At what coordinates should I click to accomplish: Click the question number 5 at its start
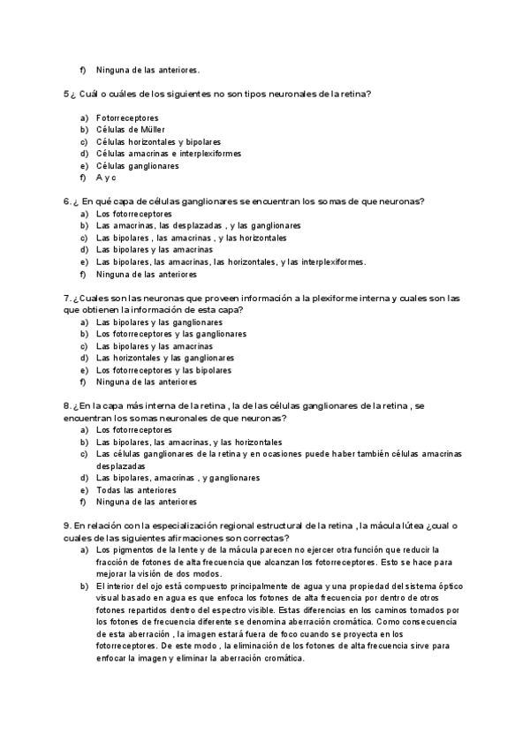pyautogui.click(x=66, y=94)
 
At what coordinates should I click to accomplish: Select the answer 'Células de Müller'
pyautogui.click(x=130, y=130)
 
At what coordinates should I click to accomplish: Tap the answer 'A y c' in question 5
pyautogui.click(x=107, y=178)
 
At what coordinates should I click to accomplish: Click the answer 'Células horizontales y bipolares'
pyautogui.click(x=158, y=141)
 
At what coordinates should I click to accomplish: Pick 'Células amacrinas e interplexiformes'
pyautogui.click(x=168, y=154)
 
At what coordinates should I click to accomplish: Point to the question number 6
pyautogui.click(x=67, y=201)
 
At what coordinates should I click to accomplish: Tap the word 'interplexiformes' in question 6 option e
pyautogui.click(x=333, y=262)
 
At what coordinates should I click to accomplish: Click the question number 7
pyautogui.click(x=67, y=298)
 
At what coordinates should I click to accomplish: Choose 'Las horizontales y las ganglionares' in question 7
pyautogui.click(x=165, y=359)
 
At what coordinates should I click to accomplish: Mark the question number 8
pyautogui.click(x=67, y=406)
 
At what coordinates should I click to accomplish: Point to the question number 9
pyautogui.click(x=67, y=526)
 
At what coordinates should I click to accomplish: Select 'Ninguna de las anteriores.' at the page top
pyautogui.click(x=148, y=70)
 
